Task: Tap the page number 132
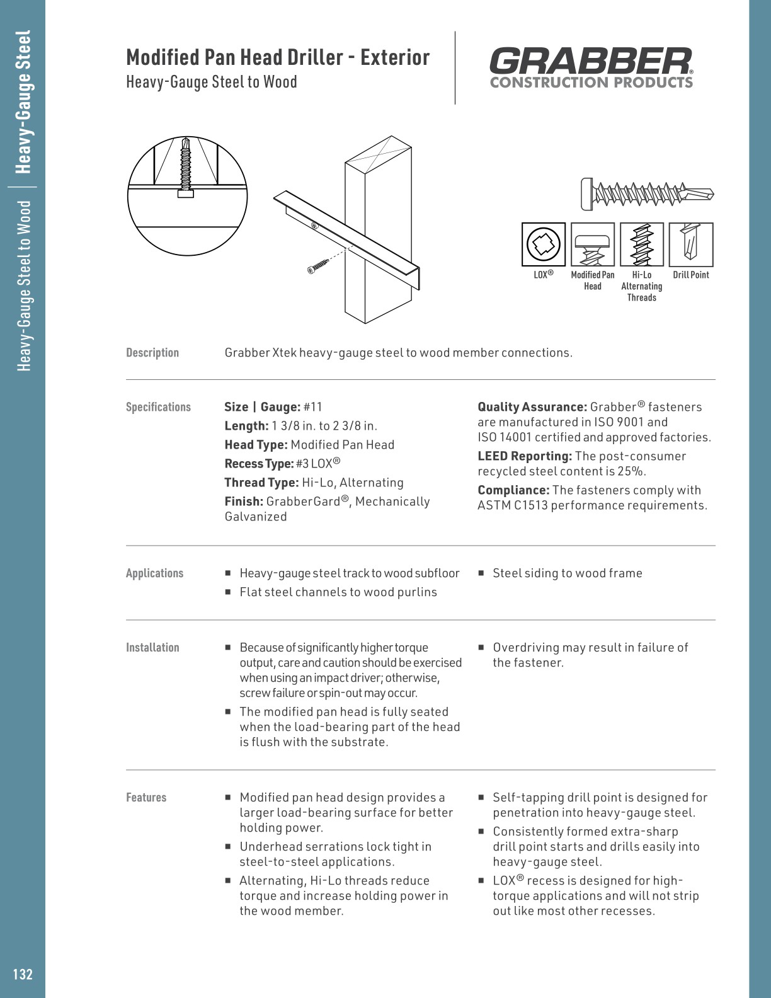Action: click(x=23, y=974)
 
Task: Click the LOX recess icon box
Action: click(x=544, y=244)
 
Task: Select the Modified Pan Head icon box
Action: click(x=592, y=244)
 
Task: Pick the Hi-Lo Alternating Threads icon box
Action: click(x=641, y=244)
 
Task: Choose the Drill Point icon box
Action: click(x=690, y=244)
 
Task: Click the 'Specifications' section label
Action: click(x=158, y=407)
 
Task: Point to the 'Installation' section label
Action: click(x=152, y=648)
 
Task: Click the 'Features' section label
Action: click(x=146, y=798)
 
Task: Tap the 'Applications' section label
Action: click(x=154, y=573)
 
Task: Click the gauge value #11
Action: click(x=312, y=407)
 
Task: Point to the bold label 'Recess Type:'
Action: click(x=259, y=464)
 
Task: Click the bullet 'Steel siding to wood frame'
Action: click(x=567, y=573)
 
